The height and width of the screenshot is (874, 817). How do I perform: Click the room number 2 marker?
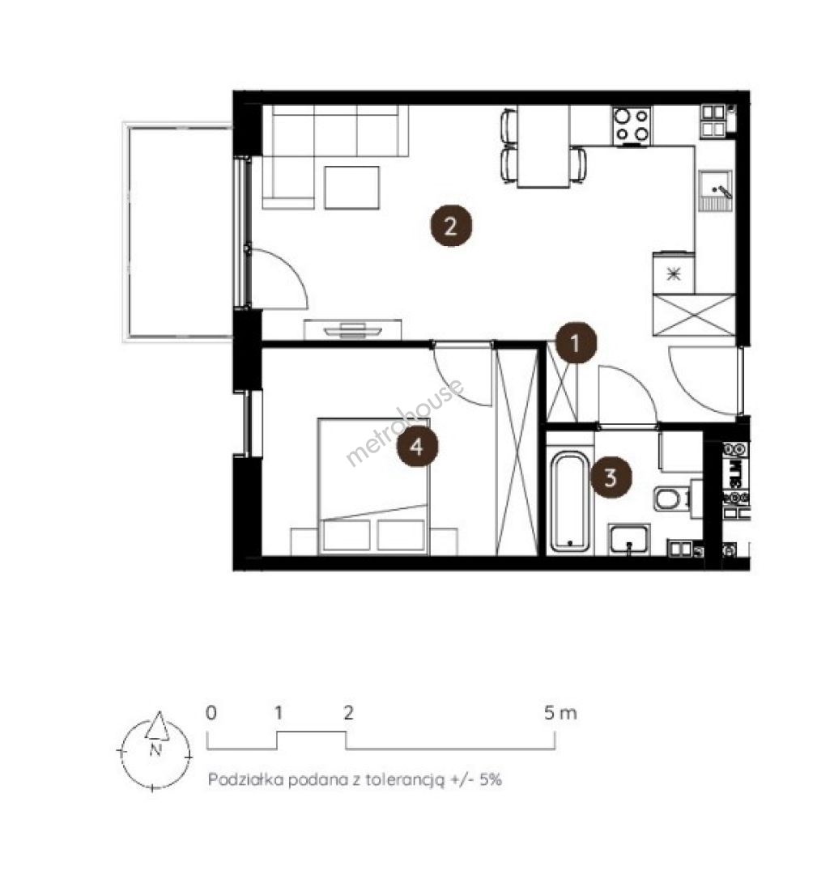[x=450, y=227]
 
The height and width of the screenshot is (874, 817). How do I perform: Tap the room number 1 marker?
[x=576, y=343]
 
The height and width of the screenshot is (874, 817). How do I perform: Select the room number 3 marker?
[x=611, y=477]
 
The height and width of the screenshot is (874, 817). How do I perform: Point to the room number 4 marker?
[x=417, y=446]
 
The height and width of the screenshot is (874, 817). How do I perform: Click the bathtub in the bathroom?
[x=569, y=501]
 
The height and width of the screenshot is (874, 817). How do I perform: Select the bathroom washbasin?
[x=629, y=539]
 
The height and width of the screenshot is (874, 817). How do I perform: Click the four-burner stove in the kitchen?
[x=632, y=125]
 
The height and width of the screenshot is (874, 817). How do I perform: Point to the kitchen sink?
[x=715, y=189]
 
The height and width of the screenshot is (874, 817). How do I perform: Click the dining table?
[x=543, y=146]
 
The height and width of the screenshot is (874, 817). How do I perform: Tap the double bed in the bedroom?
[x=373, y=486]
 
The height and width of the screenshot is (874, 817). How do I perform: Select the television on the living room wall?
[x=353, y=330]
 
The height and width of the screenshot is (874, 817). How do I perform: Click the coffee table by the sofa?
[x=352, y=187]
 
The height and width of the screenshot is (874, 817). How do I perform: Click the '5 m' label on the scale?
[x=560, y=712]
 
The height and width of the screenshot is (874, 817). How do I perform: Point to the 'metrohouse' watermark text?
[x=404, y=422]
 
